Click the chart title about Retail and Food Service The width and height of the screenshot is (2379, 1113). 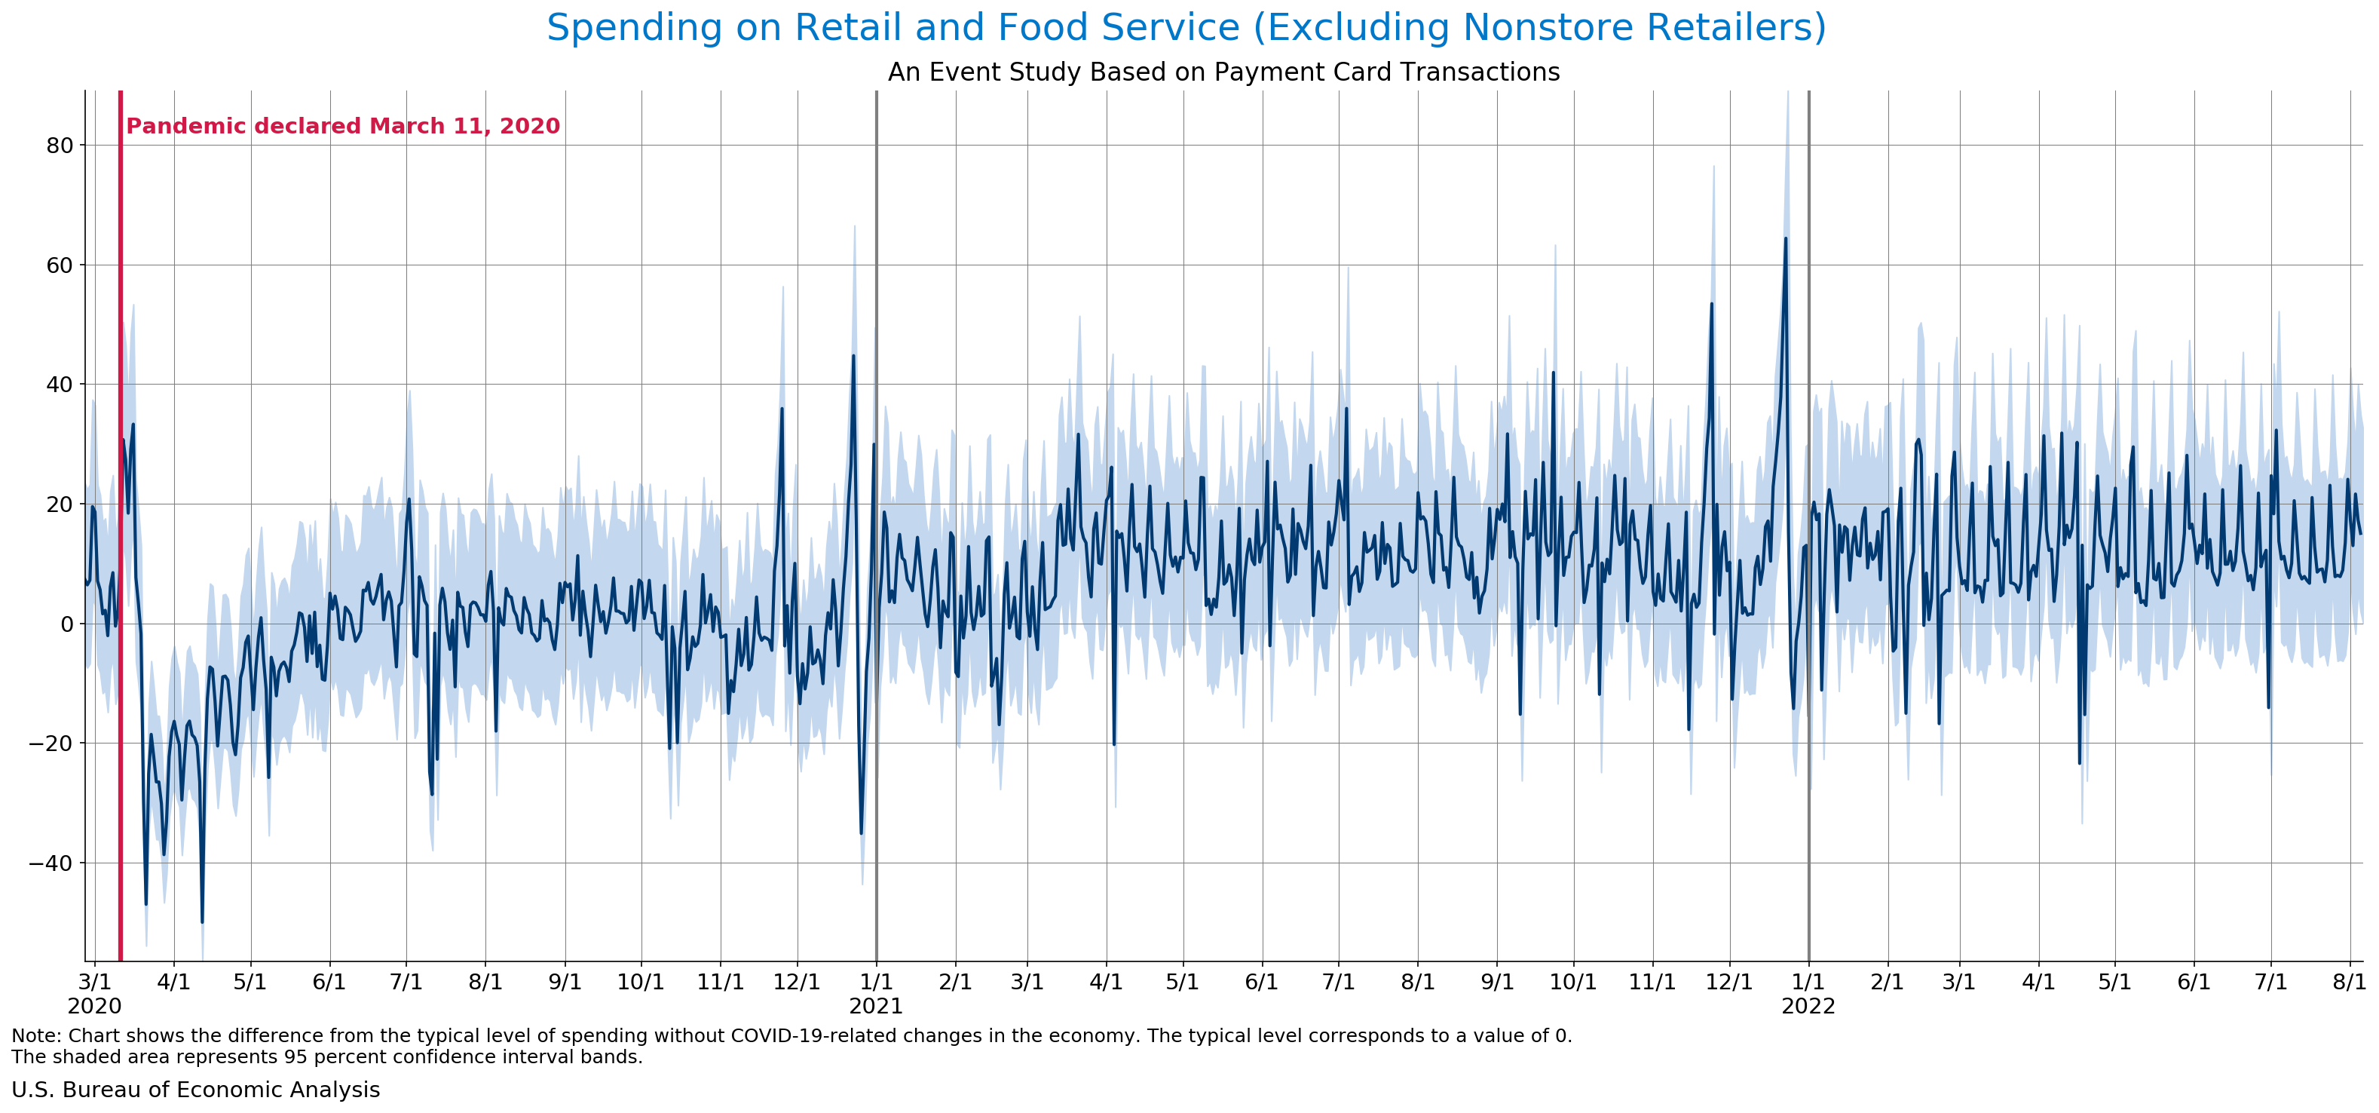point(1186,28)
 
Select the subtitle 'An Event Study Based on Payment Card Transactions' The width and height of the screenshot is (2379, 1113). point(1223,72)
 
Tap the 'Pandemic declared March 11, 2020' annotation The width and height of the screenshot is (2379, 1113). point(343,127)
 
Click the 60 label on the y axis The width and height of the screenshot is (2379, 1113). point(59,266)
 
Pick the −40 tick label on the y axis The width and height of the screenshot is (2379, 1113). point(52,863)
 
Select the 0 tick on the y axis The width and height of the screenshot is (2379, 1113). point(66,624)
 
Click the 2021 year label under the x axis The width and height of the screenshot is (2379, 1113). point(875,1006)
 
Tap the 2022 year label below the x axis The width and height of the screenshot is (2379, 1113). point(1808,1006)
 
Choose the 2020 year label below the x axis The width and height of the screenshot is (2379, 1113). point(94,1006)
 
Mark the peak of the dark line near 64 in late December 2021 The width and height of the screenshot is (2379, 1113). point(1785,238)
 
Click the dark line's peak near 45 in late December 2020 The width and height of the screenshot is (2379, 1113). point(853,356)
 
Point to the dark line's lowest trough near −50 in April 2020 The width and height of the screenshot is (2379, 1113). point(202,921)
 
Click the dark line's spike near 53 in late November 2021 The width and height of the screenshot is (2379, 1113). point(1711,304)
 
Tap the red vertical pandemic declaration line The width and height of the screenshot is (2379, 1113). point(120,554)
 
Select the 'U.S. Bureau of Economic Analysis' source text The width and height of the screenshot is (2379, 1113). point(196,1090)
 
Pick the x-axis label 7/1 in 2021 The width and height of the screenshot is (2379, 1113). point(1338,982)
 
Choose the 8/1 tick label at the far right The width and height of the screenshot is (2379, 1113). point(2349,982)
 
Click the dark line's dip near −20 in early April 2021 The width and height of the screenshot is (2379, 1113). point(1114,744)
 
